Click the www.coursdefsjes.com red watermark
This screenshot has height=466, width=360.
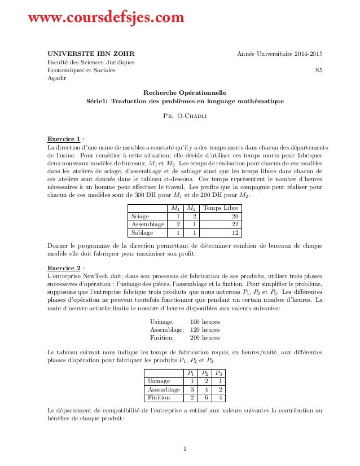coord(107,19)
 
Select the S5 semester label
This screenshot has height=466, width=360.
coord(318,71)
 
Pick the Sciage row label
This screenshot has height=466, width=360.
coord(141,216)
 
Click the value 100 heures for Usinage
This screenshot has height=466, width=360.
coord(205,322)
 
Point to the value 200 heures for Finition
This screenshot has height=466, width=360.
coord(205,338)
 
